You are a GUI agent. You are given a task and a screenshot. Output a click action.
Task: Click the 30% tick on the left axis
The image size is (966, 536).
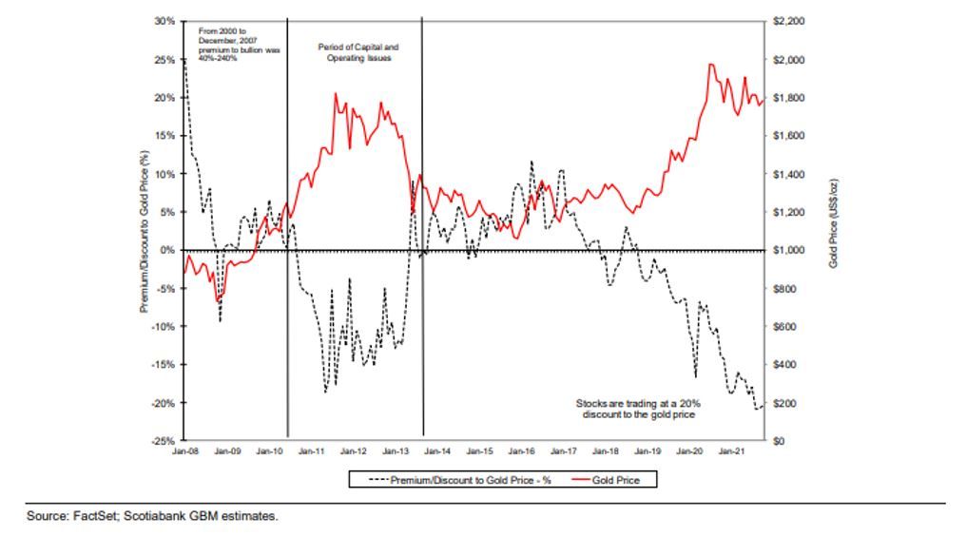(164, 21)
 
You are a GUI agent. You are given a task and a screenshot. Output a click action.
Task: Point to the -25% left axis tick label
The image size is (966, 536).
(163, 441)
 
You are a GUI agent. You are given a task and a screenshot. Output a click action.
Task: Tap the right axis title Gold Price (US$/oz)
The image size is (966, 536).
(834, 231)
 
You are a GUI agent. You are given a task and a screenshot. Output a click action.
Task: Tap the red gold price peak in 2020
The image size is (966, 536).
(711, 65)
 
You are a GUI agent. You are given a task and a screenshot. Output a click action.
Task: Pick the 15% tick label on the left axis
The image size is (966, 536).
(164, 136)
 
